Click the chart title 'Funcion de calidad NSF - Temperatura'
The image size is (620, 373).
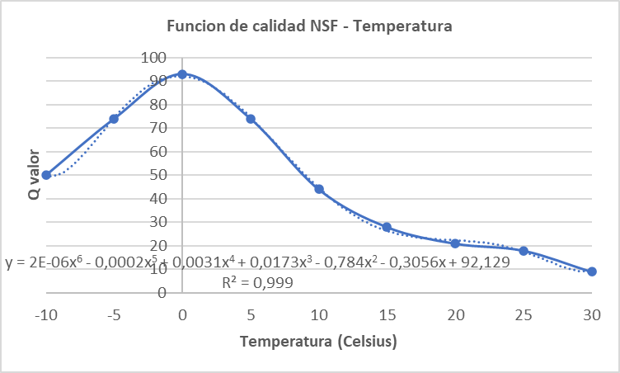[x=309, y=26]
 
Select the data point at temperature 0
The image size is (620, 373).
[x=182, y=74]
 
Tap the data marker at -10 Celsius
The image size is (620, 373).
[x=46, y=175]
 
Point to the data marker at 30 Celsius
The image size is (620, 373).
[x=592, y=271]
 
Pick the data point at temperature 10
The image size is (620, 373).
[x=319, y=189]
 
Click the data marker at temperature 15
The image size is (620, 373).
[x=387, y=227]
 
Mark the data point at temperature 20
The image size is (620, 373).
[x=455, y=243]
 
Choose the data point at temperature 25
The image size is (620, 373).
[x=524, y=250]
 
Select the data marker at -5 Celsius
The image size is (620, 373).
[x=114, y=119]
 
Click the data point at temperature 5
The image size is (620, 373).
[x=251, y=119]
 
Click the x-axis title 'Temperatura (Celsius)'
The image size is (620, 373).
[x=319, y=342]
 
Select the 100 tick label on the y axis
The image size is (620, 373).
[x=153, y=58]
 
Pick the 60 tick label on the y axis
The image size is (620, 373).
[x=157, y=152]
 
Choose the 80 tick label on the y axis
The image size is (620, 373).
[x=157, y=105]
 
